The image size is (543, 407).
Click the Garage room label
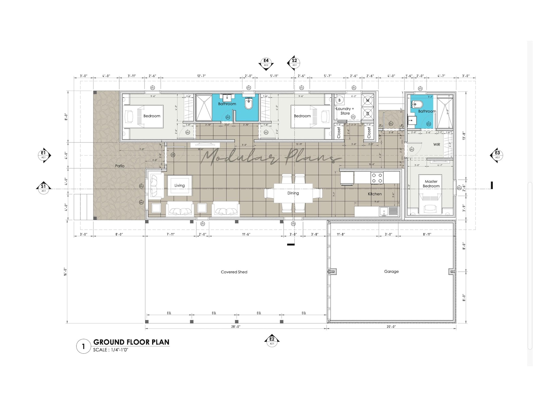point(391,271)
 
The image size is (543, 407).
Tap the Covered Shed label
point(234,272)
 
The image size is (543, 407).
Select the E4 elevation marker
point(266,62)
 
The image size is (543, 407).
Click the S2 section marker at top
point(294,62)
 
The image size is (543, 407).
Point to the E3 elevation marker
point(497,155)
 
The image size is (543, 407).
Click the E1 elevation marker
point(43,155)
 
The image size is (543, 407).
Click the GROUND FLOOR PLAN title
point(131,342)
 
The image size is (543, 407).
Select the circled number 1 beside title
point(83,347)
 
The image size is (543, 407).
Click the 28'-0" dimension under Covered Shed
point(236,327)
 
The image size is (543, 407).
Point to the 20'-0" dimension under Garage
point(391,327)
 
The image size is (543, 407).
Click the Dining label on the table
point(293,193)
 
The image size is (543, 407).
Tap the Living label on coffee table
point(180,186)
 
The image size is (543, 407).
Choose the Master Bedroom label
point(431,184)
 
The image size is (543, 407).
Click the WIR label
point(437,145)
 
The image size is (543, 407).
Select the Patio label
point(120,166)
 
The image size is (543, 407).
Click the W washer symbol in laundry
point(368,100)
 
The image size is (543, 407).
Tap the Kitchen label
point(375,194)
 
